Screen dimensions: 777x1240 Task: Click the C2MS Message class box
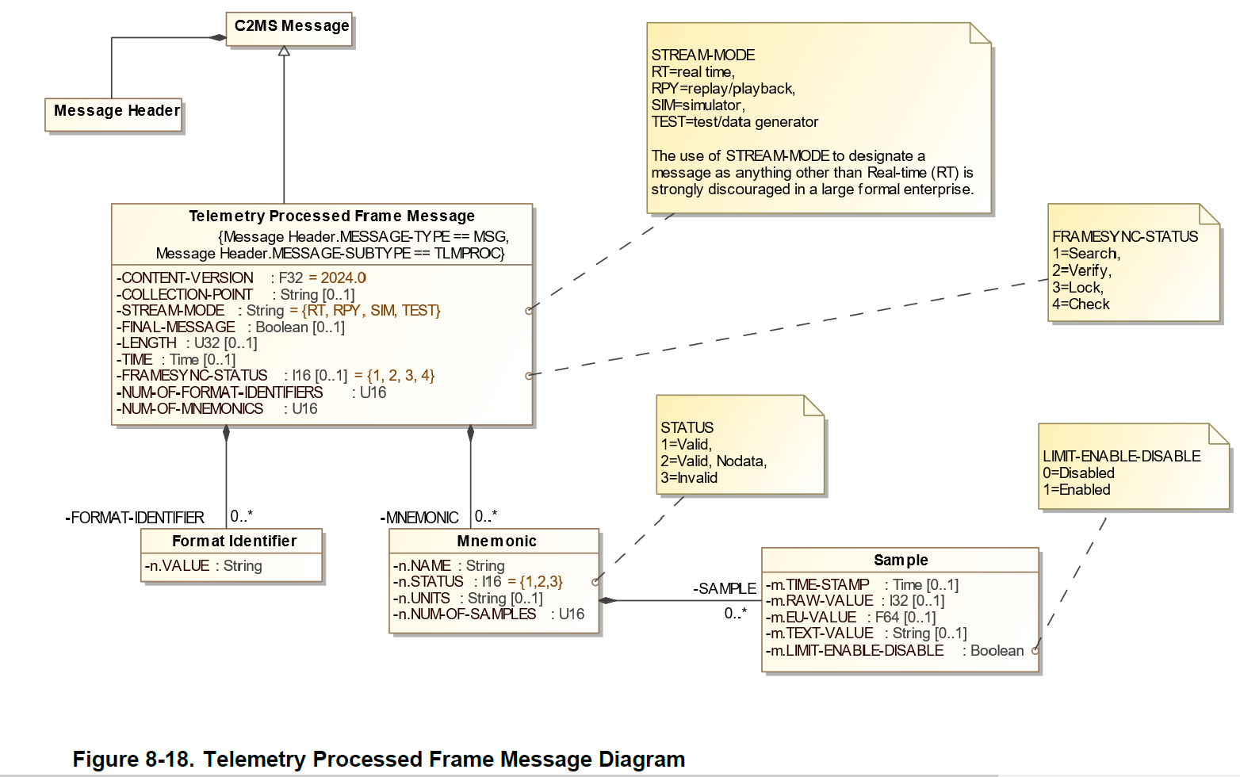tap(290, 27)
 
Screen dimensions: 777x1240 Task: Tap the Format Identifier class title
tap(234, 542)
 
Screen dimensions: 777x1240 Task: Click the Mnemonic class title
tap(496, 542)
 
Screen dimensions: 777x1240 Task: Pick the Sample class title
tap(901, 561)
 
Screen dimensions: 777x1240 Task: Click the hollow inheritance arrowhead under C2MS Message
tap(284, 51)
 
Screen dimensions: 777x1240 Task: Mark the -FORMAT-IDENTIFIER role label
tap(135, 518)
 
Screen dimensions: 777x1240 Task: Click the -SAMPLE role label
tap(724, 589)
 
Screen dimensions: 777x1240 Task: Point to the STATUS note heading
tap(687, 428)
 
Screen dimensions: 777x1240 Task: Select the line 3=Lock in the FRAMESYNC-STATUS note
tap(1077, 288)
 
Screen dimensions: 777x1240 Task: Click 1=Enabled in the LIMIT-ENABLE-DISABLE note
tap(1076, 490)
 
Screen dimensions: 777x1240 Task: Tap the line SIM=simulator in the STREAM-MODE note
tap(698, 105)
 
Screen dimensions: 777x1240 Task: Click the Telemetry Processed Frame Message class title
tap(331, 216)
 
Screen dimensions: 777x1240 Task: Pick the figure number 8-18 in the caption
tap(168, 760)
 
